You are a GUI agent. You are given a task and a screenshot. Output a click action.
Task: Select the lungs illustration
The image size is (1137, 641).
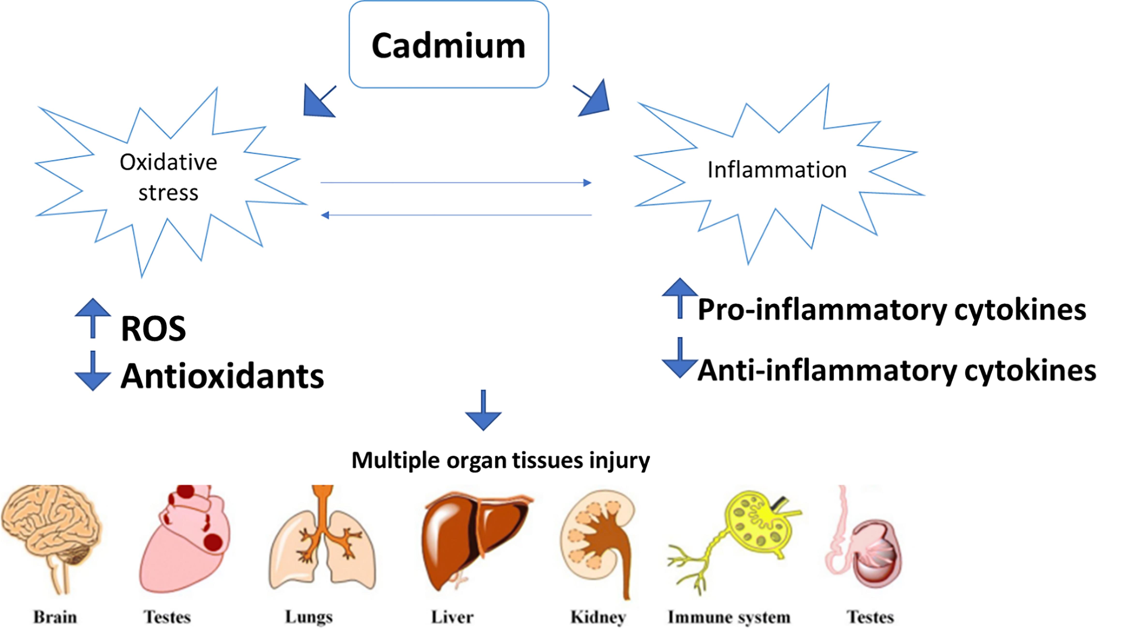coord(322,543)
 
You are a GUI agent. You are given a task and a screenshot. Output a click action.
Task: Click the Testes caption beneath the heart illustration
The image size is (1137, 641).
coord(167,617)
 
